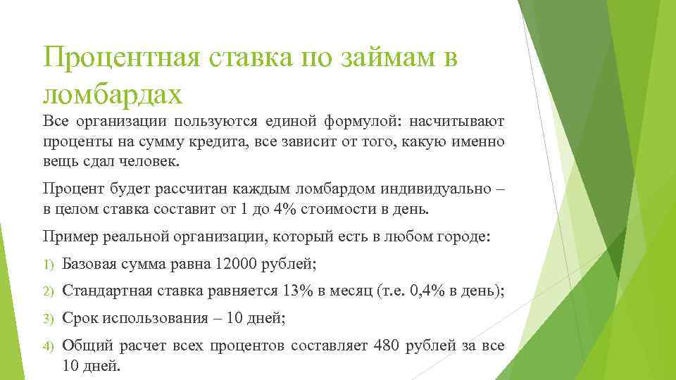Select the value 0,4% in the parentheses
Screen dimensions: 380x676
(x=425, y=291)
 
